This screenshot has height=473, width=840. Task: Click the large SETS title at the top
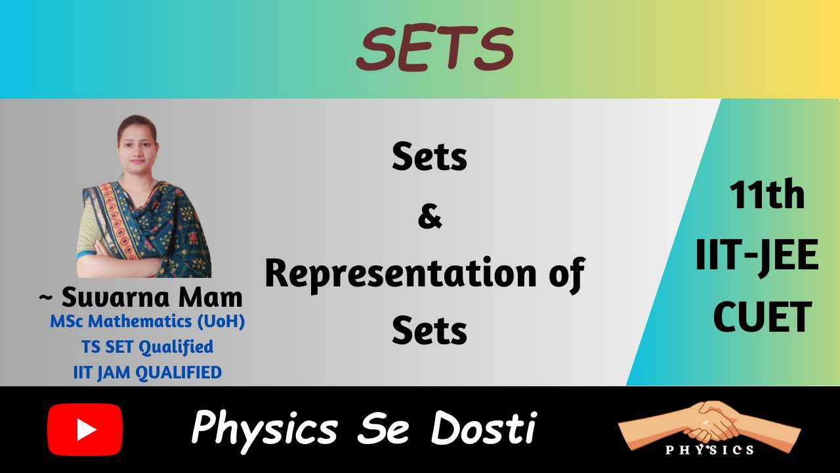tap(434, 50)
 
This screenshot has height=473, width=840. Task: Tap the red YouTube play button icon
tap(85, 430)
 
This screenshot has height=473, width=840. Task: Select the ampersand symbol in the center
tap(430, 217)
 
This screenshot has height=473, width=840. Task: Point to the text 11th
tap(766, 196)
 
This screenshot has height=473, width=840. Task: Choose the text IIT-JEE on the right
tap(757, 256)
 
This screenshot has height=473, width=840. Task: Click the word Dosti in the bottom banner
tap(483, 428)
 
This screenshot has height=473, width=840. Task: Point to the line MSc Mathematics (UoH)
tap(147, 323)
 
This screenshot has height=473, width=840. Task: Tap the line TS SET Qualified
tap(147, 346)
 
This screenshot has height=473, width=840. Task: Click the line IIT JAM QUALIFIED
tap(147, 372)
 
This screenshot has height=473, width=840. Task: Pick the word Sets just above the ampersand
tap(430, 158)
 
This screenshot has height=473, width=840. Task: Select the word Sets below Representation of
tap(430, 331)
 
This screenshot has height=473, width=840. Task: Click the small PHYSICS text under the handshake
tap(709, 450)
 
